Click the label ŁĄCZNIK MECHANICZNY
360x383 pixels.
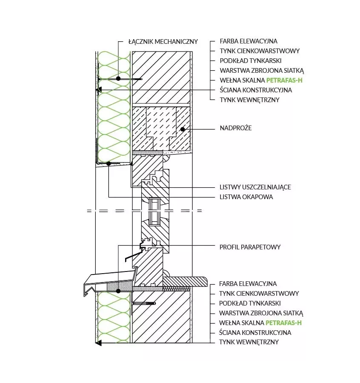(163, 41)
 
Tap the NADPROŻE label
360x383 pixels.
(235, 128)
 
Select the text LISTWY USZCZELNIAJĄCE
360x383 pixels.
(255, 187)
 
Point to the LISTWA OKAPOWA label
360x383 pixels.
(246, 197)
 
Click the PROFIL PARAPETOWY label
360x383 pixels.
(250, 247)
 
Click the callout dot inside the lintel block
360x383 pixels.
(183, 129)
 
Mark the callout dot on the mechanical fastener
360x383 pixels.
(118, 79)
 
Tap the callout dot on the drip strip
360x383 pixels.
(109, 163)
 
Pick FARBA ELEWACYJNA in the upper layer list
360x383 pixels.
(249, 41)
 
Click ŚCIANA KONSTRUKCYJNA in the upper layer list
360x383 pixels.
(256, 90)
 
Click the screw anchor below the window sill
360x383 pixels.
(145, 303)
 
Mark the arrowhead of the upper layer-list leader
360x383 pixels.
(99, 90)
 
